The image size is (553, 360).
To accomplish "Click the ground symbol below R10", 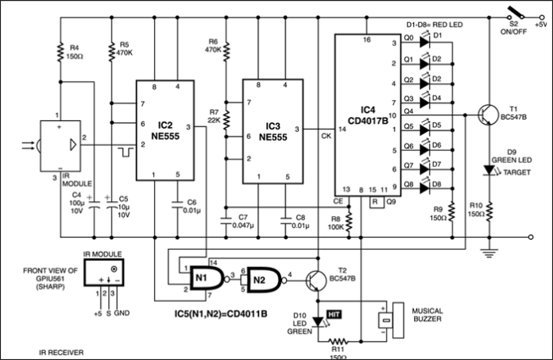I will [x=491, y=254].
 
